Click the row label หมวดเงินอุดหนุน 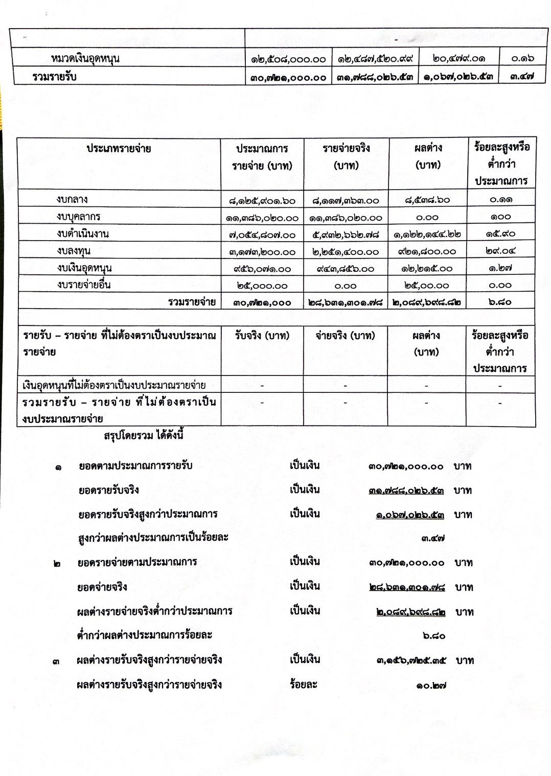tap(85, 58)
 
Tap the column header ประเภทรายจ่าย tap(119, 149)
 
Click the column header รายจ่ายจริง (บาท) tap(346, 156)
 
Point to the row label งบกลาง tap(72, 199)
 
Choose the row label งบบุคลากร tap(79, 217)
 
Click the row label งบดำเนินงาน tap(83, 233)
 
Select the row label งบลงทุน tap(74, 251)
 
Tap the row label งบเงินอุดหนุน tap(84, 268)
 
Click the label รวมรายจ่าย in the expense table tap(192, 302)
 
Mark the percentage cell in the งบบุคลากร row tap(500, 217)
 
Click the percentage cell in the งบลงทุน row tap(500, 251)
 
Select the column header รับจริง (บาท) tap(262, 336)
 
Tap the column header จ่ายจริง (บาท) tap(346, 336)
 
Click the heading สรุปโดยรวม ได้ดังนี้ tap(144, 436)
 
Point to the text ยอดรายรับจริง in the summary tap(109, 490)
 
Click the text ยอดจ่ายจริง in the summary tap(102, 587)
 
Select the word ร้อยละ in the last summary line tap(303, 684)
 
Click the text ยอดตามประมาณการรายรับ tap(135, 465)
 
